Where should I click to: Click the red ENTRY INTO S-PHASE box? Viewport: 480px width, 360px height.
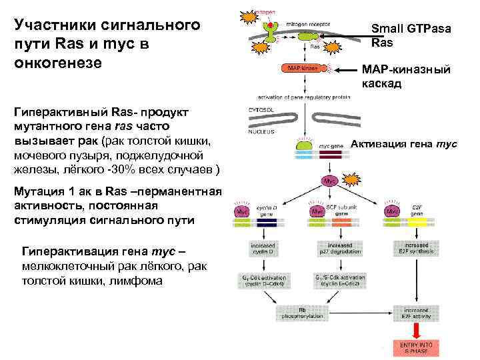416,347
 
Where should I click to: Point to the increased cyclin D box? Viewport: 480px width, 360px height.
261,249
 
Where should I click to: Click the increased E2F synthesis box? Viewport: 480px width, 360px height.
416,249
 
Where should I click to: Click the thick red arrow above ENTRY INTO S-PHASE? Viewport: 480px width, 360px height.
416,331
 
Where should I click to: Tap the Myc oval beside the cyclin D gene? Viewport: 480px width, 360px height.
241,211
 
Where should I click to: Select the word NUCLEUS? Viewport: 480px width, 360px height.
260,132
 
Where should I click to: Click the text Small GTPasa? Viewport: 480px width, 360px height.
411,29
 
